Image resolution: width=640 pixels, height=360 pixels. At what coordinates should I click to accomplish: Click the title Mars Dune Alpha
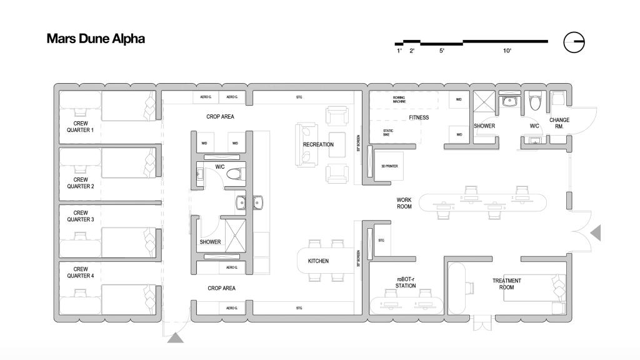96,39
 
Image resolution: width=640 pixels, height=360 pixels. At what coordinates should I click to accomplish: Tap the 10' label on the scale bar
507,51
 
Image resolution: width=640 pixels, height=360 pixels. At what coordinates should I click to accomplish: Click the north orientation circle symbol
574,42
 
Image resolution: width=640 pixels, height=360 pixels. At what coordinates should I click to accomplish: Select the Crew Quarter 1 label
80,127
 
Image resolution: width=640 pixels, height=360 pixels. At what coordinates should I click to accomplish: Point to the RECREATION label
318,144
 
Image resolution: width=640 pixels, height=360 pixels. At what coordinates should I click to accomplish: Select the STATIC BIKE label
388,132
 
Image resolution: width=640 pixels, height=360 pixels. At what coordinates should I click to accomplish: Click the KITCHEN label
318,261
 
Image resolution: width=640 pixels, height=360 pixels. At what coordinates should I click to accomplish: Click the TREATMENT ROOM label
506,284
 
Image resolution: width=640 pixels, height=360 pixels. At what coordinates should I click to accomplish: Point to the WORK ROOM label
404,203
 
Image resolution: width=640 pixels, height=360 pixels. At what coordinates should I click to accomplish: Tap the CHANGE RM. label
559,122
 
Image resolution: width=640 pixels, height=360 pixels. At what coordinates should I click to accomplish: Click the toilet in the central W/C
233,174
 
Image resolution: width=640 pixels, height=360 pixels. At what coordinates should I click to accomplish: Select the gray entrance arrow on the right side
596,233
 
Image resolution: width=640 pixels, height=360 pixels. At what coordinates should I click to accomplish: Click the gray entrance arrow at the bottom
175,338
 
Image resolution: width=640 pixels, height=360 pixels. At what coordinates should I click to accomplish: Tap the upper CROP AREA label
220,116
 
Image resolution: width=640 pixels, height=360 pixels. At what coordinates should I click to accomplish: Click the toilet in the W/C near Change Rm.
534,102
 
